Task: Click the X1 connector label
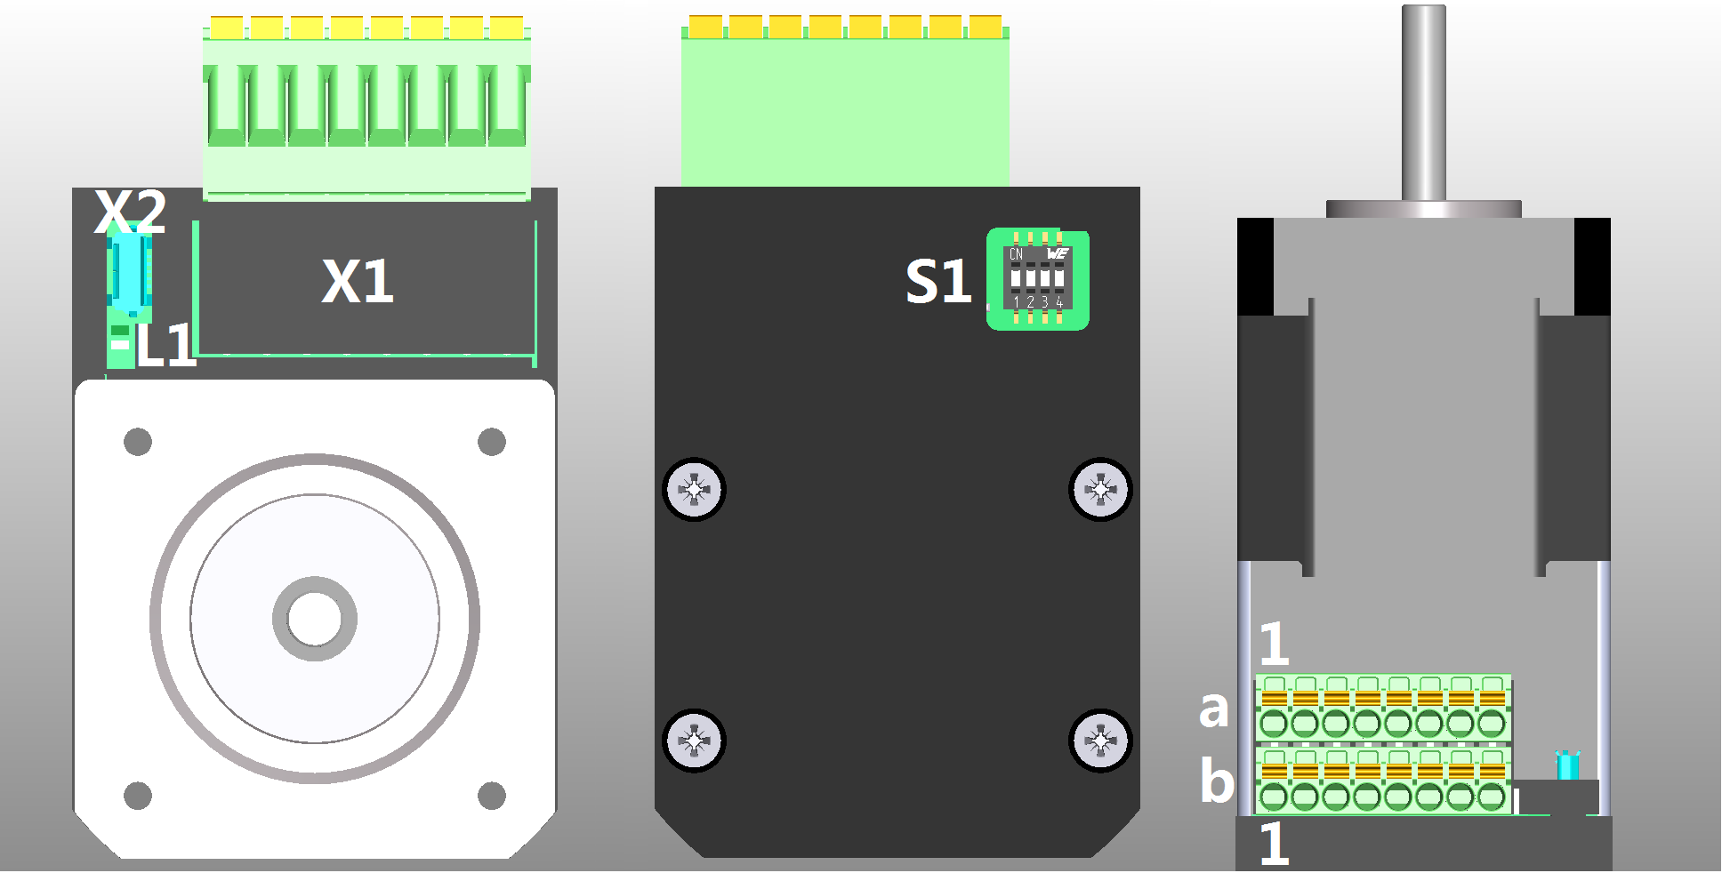click(x=358, y=282)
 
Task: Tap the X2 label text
click(x=130, y=212)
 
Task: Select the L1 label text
click(x=165, y=346)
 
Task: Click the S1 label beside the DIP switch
click(x=937, y=282)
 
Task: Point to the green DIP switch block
click(x=1038, y=280)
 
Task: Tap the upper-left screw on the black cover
click(x=695, y=490)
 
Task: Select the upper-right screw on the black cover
click(x=1100, y=490)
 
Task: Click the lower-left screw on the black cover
click(x=695, y=741)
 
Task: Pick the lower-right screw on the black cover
click(x=1100, y=741)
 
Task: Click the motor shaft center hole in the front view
click(x=314, y=619)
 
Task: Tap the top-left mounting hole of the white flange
click(x=138, y=442)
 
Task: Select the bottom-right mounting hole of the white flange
click(x=492, y=796)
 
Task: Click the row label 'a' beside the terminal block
click(x=1214, y=709)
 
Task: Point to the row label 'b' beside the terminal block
click(x=1217, y=781)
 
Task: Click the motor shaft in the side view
click(x=1424, y=102)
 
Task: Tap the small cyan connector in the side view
click(x=1567, y=766)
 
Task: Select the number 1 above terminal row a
click(x=1275, y=644)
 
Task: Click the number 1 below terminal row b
click(x=1275, y=844)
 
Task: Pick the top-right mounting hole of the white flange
click(x=492, y=442)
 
